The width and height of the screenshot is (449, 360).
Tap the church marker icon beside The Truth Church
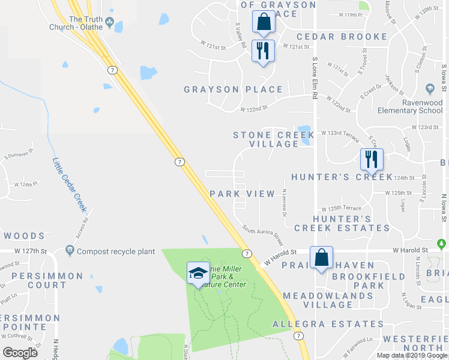(x=109, y=23)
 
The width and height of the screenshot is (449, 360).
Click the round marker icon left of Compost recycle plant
(x=70, y=250)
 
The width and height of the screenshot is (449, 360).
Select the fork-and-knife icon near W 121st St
(x=262, y=50)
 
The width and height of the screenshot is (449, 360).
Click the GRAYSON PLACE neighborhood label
(x=233, y=89)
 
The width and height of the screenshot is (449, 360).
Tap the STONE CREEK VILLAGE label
(x=265, y=139)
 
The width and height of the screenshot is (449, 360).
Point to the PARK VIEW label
(x=242, y=194)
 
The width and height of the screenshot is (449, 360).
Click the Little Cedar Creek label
(x=70, y=184)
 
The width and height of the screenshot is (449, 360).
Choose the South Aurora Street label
(x=262, y=235)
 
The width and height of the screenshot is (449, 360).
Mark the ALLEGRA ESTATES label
(x=323, y=324)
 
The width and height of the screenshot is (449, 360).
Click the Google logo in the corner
(x=20, y=353)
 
